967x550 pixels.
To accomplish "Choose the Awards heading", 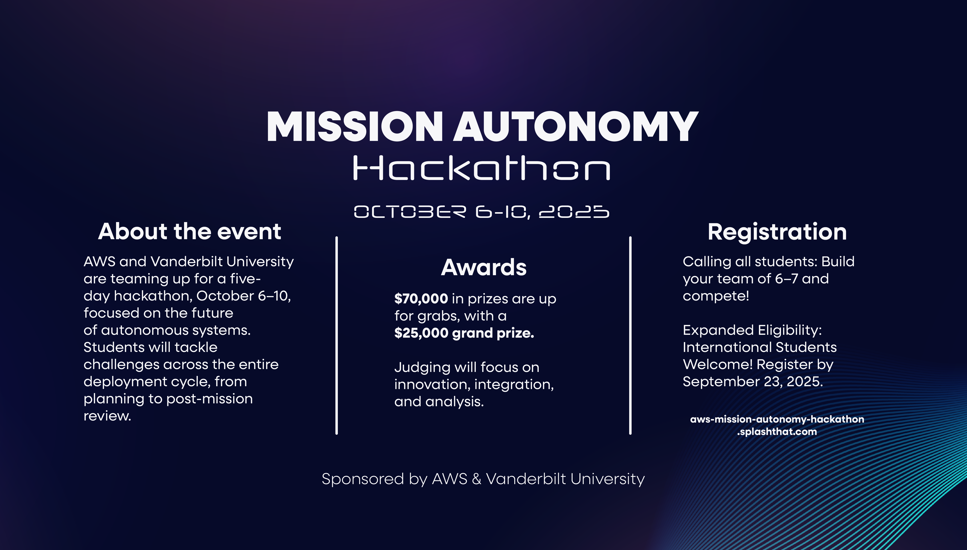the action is coord(484,267).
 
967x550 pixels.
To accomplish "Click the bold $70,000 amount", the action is coord(421,299).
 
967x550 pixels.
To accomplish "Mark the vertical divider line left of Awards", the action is coord(336,335).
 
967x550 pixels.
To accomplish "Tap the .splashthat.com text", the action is coord(777,432).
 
